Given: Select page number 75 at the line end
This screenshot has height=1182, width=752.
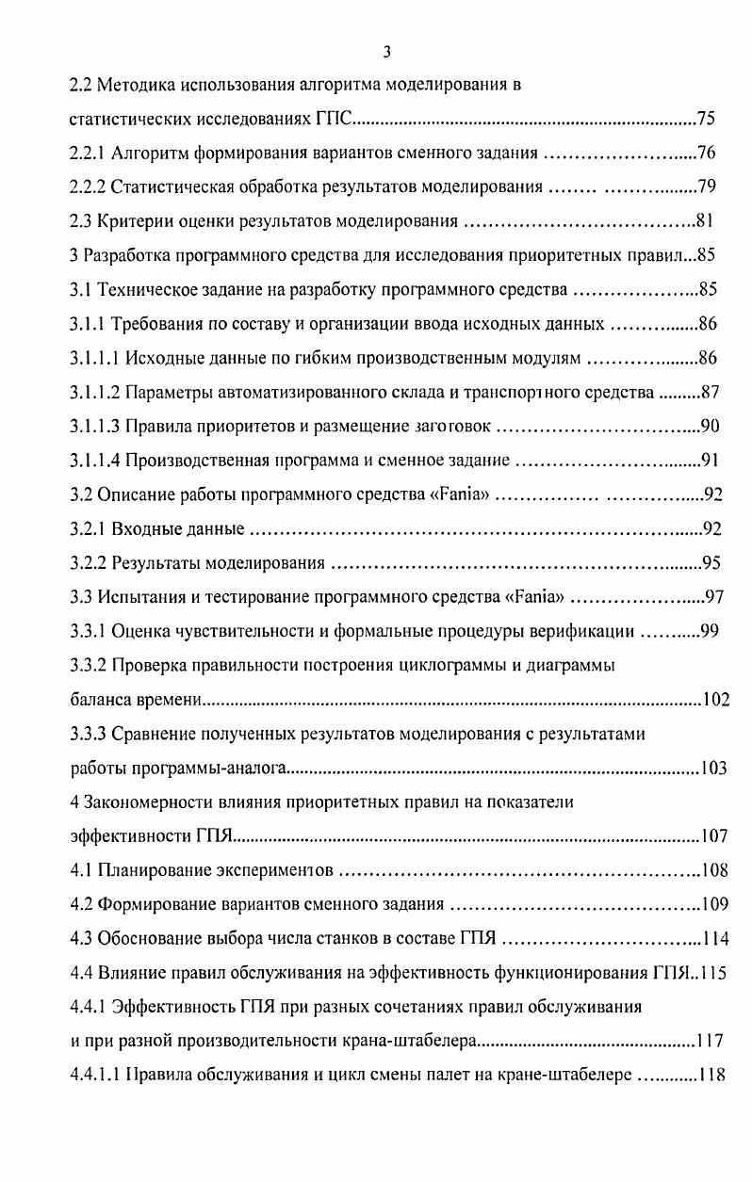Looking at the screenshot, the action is [706, 120].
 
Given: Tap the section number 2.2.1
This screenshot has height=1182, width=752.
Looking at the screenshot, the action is [90, 154].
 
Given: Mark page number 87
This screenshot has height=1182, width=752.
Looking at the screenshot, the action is [708, 392].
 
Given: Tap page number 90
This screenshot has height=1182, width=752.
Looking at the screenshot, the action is [710, 426].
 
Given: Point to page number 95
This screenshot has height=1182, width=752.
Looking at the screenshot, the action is [711, 563].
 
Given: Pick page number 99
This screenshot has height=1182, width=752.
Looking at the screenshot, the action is [708, 631].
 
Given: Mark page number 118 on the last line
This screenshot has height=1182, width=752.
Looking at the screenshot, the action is [711, 1075].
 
